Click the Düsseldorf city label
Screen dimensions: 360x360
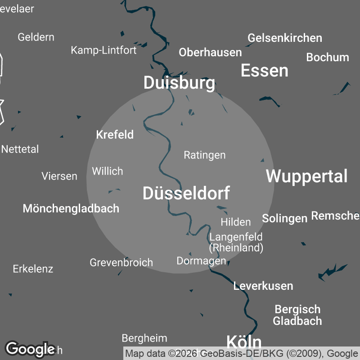coord(186,193)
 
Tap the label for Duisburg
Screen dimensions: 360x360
coord(179,83)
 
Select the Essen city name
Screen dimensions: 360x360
coord(265,71)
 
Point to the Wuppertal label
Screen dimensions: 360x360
coord(307,176)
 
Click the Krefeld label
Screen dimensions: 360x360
coord(115,135)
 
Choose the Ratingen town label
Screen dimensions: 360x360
coord(205,155)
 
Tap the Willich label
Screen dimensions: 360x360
coord(108,171)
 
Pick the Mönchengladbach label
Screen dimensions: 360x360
coord(71,208)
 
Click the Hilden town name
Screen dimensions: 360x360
coord(236,222)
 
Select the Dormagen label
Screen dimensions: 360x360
coord(201,261)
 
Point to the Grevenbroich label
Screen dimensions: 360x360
coord(121,262)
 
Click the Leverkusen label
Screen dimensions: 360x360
coord(263,286)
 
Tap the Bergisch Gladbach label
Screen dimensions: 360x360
coord(297,315)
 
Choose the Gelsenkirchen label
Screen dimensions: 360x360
coord(285,38)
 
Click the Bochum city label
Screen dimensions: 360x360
coord(328,57)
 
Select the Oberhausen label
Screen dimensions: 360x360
coord(210,52)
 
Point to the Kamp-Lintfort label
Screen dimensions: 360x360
coord(103,50)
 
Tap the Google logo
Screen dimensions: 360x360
coord(30,349)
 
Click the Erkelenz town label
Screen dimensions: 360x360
coord(33,269)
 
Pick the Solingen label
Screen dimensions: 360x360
coord(285,218)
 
